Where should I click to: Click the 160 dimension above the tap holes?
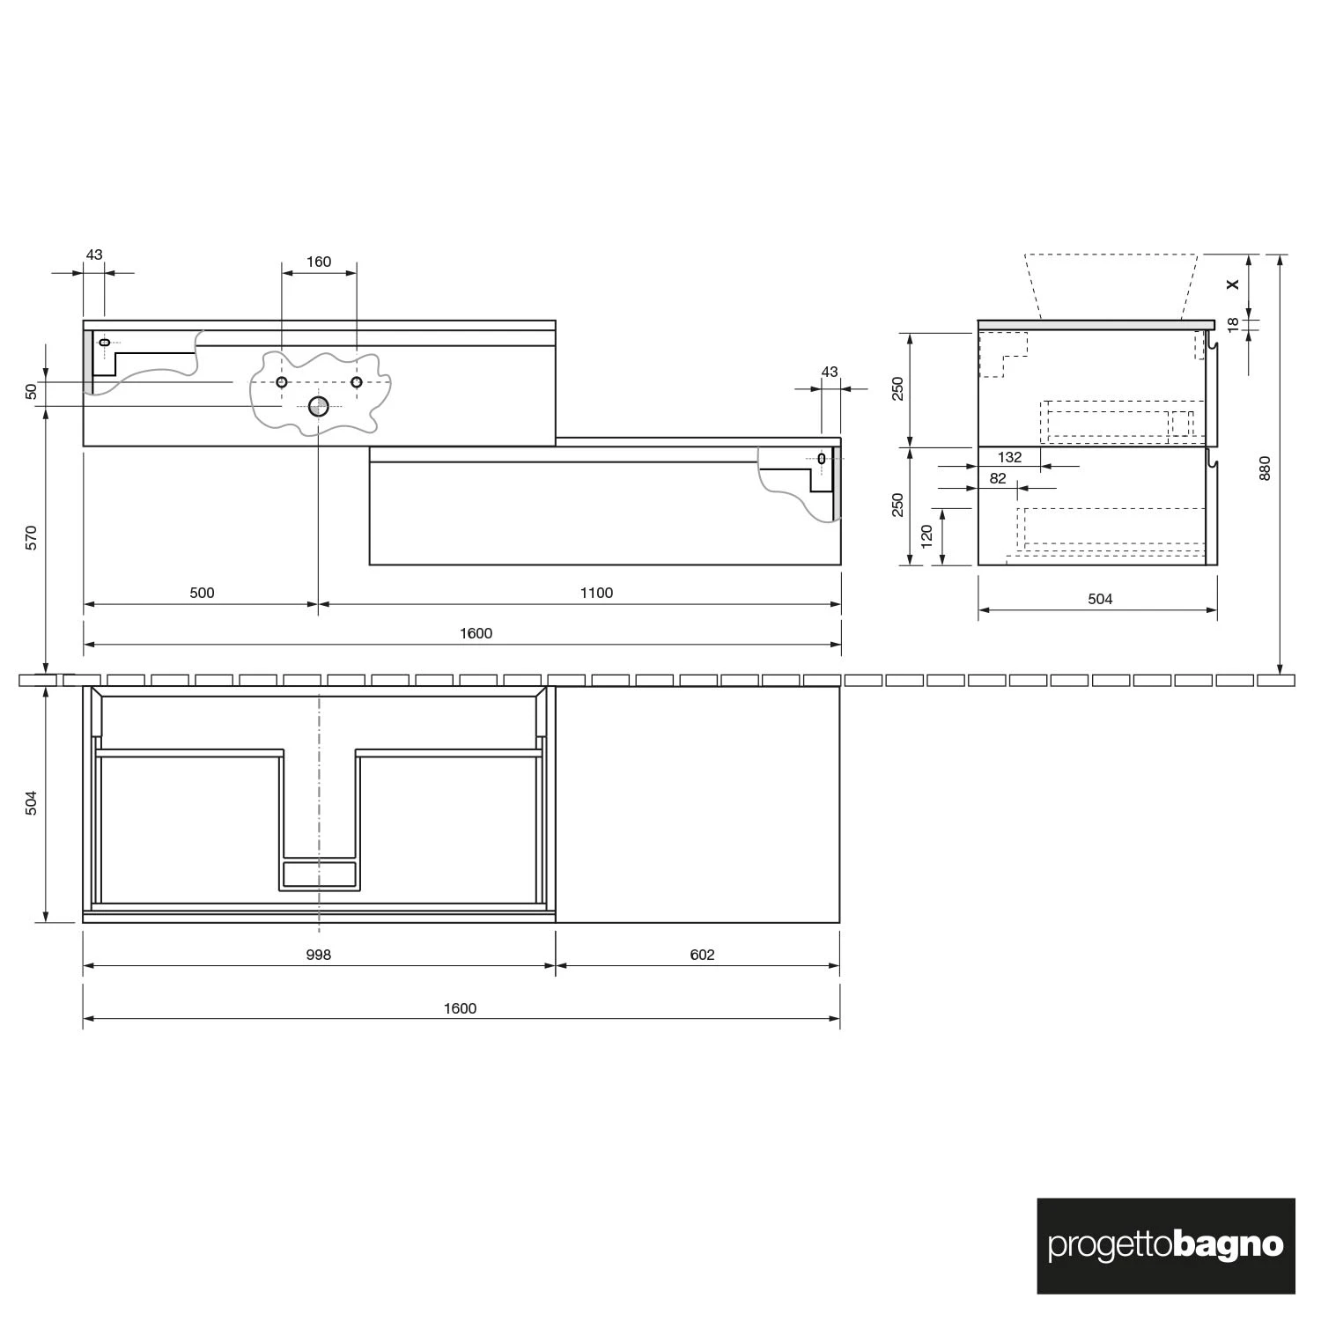[319, 262]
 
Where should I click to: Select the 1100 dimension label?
[596, 593]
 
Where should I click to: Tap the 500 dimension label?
[202, 593]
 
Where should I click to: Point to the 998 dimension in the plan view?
[319, 955]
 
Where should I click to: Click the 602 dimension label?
[702, 955]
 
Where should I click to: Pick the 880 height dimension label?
[1266, 468]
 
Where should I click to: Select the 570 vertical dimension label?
[32, 537]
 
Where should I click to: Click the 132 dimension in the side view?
[1009, 457]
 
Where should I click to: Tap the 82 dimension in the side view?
[998, 479]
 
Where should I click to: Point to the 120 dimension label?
[926, 536]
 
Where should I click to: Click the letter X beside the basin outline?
[1233, 284]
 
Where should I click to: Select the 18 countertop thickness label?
[1233, 323]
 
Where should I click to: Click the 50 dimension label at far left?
[32, 392]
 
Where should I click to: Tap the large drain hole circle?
[318, 406]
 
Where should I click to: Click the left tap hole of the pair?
[282, 381]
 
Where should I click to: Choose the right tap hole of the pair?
[357, 381]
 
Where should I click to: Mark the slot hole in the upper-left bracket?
[105, 342]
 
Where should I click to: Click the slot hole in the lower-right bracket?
[822, 458]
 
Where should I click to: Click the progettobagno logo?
[1165, 1245]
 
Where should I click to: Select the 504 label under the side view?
[1100, 599]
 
